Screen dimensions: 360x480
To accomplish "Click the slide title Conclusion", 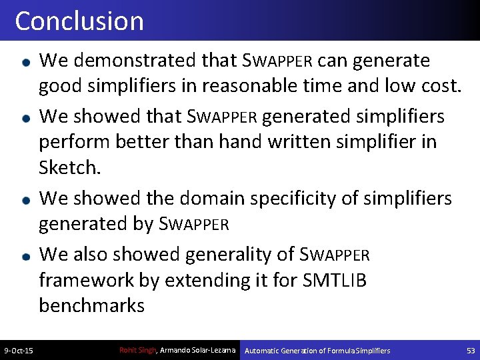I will (79, 21).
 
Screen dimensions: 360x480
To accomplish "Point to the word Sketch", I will (69, 167).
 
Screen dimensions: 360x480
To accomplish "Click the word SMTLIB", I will (334, 280).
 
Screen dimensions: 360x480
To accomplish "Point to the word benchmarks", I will (91, 305).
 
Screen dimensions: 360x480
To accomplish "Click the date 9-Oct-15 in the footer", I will (19, 351).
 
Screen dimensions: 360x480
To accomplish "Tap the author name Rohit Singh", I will (137, 350).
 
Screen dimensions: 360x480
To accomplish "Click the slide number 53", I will (471, 351).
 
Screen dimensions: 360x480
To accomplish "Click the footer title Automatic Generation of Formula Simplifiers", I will (317, 351).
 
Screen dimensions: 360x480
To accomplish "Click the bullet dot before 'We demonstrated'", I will (25, 61).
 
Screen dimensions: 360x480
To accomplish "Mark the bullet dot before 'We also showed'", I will (25, 255).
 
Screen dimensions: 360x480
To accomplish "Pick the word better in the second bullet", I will (147, 142).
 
